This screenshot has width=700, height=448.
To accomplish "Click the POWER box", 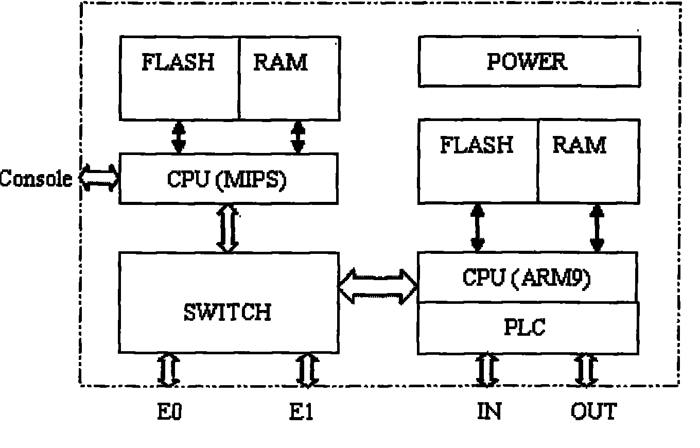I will coord(529,62).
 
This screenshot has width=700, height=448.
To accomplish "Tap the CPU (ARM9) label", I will coord(526,278).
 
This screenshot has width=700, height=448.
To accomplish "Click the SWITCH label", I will coord(227,312).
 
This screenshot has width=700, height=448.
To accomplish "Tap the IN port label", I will coord(489,412).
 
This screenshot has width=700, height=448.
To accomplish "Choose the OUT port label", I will coord(593,412).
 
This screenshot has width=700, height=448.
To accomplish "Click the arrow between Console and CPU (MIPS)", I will coord(99,178).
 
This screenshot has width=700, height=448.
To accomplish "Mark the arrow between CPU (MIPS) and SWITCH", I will coord(228,228).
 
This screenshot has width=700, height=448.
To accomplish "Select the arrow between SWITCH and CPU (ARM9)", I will coord(378,286).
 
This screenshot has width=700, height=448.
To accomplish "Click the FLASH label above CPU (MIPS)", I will coord(178,63).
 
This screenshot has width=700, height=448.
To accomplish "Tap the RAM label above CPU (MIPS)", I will coord(281,63).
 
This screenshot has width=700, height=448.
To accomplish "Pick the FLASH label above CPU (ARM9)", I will coord(477,145).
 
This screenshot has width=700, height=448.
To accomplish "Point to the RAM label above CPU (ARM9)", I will coord(579,145).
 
